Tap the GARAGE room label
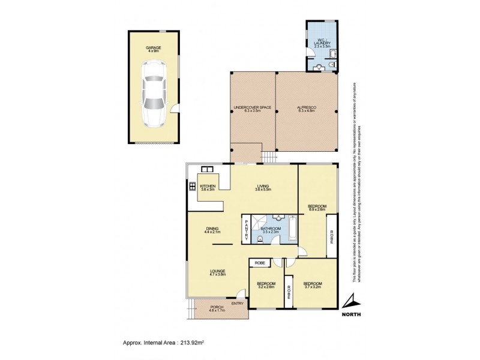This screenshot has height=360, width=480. click(x=154, y=49)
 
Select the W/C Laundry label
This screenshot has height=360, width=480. click(x=322, y=42)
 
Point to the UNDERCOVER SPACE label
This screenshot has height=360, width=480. click(x=253, y=109)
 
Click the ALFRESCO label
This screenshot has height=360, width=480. click(x=306, y=109)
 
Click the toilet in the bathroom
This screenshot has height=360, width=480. click(x=259, y=239)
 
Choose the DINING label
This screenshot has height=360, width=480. click(x=212, y=229)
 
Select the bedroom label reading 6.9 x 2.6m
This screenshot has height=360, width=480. click(x=316, y=208)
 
